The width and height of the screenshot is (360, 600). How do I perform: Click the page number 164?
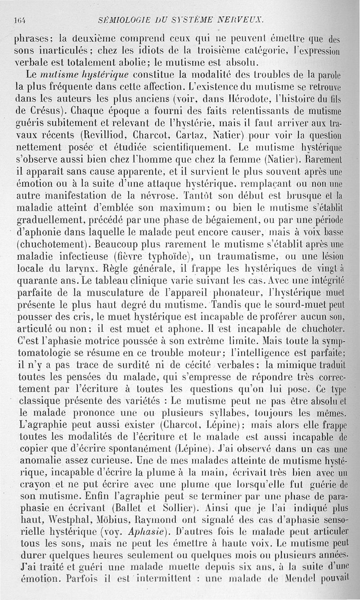19,20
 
